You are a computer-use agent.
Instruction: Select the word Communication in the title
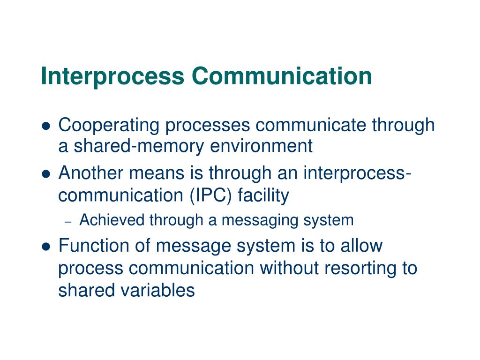(x=282, y=76)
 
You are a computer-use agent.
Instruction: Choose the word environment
(x=261, y=147)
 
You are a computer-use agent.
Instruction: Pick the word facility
(x=263, y=195)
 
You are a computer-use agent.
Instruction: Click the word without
(x=285, y=268)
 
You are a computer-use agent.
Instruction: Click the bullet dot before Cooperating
(x=46, y=126)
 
